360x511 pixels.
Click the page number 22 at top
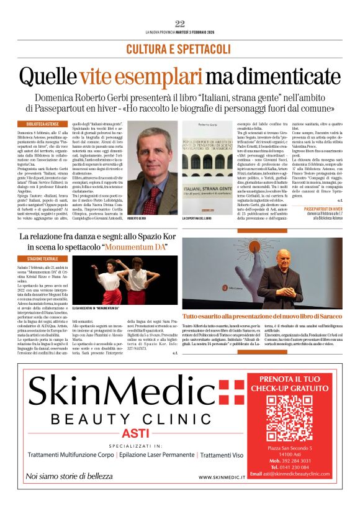click(180, 24)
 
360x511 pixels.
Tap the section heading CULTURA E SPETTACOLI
click(179, 48)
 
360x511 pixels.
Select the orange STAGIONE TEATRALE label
click(42, 258)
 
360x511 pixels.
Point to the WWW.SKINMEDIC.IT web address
click(223, 477)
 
